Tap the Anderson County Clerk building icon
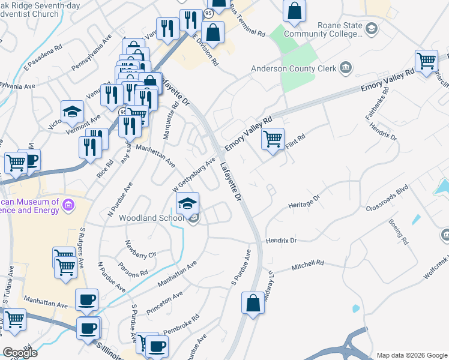tap(346, 67)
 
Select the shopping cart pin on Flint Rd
tap(273, 140)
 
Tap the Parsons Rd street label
tap(133, 270)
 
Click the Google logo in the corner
tap(20, 353)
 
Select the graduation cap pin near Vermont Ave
tap(71, 112)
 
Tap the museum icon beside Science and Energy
tap(68, 206)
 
